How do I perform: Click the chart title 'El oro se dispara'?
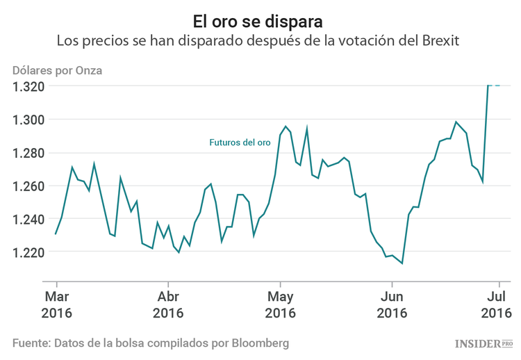(258, 15)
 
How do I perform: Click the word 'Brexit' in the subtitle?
(438, 40)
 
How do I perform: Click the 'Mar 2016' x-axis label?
(56, 304)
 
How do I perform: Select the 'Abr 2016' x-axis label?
(167, 304)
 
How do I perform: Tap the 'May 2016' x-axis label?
(280, 304)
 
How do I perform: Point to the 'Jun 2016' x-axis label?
(392, 304)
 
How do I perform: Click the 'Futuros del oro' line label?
(240, 142)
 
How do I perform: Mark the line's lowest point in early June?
(402, 263)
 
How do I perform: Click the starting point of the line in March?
(56, 234)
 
